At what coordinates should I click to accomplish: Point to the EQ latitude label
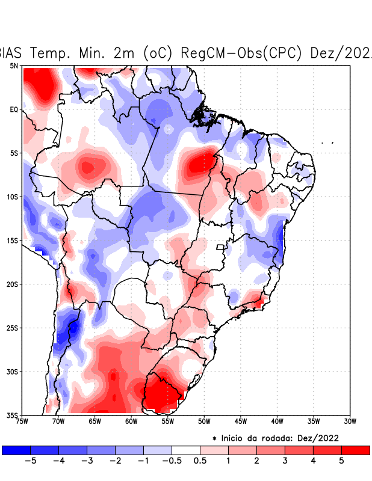click(14, 109)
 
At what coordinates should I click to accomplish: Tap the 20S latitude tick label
click(13, 284)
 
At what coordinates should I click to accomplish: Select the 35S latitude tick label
click(13, 415)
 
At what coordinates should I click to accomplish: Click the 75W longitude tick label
click(22, 421)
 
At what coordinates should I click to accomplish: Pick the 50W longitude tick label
click(204, 421)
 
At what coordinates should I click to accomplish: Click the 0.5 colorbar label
click(200, 461)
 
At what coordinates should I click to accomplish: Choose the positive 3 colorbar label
click(285, 461)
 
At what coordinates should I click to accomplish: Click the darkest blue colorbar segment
click(16, 450)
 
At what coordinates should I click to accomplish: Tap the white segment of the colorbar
click(186, 450)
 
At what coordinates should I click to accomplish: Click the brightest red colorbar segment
click(356, 450)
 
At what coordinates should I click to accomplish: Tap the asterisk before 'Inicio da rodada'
click(214, 438)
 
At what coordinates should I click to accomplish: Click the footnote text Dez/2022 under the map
click(330, 438)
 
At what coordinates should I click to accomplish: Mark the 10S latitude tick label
click(13, 197)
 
